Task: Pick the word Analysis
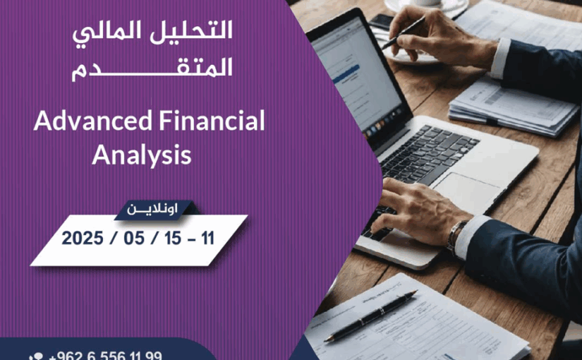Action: [141, 155]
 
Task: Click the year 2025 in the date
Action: [83, 239]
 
